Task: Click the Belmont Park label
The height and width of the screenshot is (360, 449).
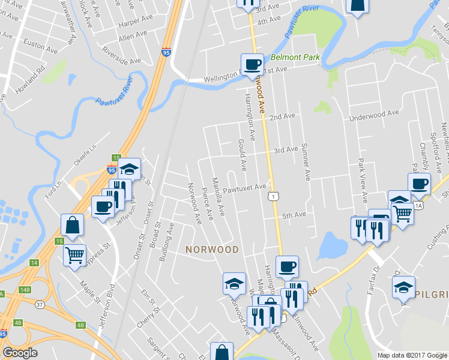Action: coord(295,58)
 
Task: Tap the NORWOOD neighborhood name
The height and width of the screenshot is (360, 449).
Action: coord(212,249)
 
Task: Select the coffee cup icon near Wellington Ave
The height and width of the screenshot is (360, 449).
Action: coord(252,64)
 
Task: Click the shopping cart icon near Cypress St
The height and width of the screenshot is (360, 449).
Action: coord(75,254)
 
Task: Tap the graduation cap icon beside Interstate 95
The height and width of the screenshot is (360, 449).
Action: coord(128,169)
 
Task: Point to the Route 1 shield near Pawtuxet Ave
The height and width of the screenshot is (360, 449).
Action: coord(273,196)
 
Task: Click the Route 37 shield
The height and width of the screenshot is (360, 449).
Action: coord(40,304)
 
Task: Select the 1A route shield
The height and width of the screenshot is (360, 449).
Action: coord(418,206)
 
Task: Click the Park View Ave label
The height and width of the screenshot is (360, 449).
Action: coord(362,180)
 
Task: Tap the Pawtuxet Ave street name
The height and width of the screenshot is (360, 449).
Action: coord(244,188)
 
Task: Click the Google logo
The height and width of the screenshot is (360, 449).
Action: coord(20,353)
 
